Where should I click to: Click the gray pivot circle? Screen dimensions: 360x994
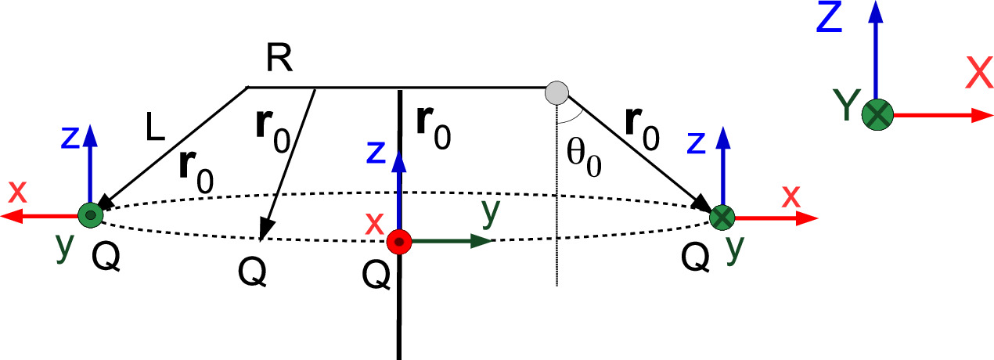[556, 92]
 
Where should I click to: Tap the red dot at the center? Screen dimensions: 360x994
[400, 243]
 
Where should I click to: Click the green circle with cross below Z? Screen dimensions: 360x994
[877, 116]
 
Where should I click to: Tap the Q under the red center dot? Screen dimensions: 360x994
[376, 275]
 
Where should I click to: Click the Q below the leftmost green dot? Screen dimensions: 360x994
[106, 257]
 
